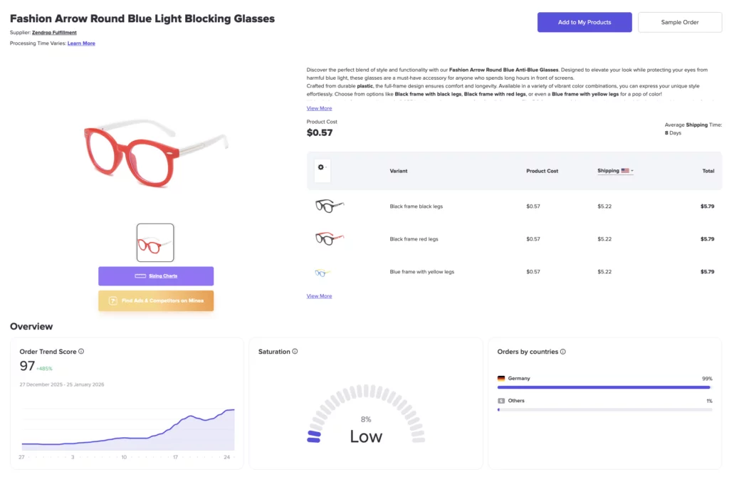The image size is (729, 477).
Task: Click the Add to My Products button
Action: (584, 22)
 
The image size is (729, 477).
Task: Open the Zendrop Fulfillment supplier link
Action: (54, 33)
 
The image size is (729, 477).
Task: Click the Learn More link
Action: (81, 43)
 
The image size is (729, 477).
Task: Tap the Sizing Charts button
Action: (156, 276)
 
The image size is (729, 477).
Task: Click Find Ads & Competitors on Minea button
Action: (156, 300)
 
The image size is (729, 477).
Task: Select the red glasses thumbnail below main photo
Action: (155, 243)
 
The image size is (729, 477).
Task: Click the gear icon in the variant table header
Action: (321, 167)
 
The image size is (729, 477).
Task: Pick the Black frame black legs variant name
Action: (416, 206)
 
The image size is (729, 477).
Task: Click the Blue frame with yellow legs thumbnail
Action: (323, 272)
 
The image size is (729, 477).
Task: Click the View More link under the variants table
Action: (319, 296)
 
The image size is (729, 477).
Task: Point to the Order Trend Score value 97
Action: (28, 366)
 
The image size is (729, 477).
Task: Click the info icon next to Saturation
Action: (295, 352)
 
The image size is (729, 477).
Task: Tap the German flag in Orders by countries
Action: (501, 379)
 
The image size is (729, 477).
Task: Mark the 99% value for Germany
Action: (706, 379)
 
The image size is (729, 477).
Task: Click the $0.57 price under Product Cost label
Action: (320, 132)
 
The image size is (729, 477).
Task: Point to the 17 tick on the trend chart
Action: (175, 457)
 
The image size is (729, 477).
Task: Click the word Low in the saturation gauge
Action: (366, 436)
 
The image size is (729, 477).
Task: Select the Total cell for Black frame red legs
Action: (706, 239)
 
